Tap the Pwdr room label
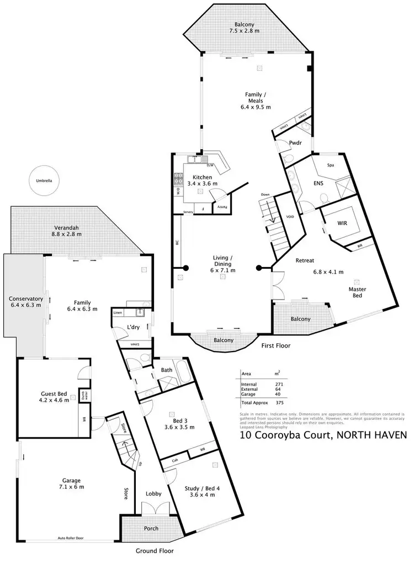294,143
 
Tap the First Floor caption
275,346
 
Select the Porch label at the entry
151,528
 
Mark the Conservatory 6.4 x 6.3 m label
25,301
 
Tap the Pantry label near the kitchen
222,206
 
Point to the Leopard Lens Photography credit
264,427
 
